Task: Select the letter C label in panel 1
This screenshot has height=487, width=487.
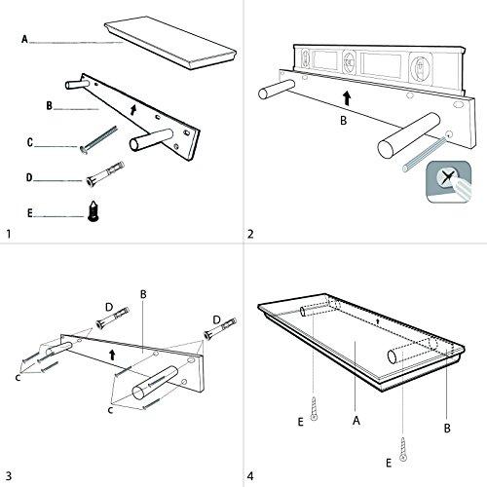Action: coord(31,142)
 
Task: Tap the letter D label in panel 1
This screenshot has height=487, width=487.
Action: coord(31,176)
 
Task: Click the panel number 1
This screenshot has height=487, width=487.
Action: coord(9,234)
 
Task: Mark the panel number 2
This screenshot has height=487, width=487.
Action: coord(251,234)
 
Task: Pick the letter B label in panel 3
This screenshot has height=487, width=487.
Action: coord(142,293)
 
